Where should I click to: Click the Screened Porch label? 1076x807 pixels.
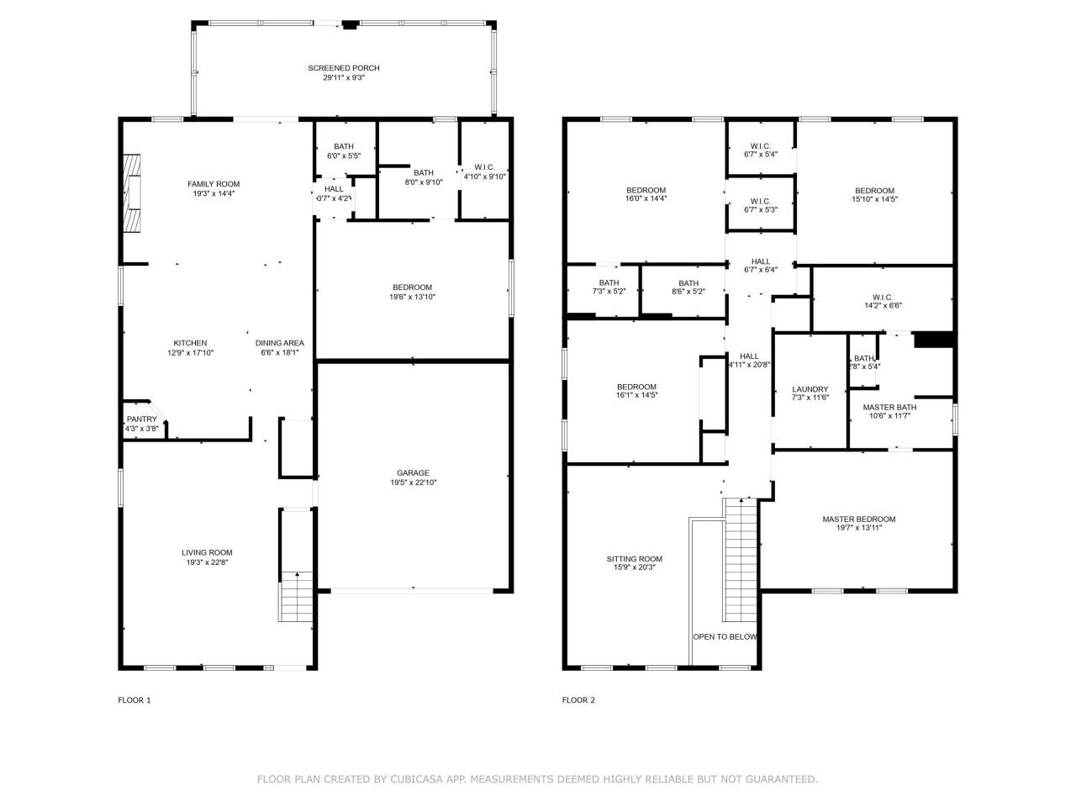337,68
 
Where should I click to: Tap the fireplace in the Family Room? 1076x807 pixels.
132,193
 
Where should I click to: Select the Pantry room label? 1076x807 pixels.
141,419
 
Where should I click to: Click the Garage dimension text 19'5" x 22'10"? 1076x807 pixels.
413,483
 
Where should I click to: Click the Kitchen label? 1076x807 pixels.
190,343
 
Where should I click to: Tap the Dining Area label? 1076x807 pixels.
280,343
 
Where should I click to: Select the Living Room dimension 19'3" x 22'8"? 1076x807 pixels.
207,562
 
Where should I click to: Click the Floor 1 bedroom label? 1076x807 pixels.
412,287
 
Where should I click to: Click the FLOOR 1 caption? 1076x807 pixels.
134,700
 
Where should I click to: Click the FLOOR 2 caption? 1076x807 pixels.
578,700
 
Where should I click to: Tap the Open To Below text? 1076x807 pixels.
725,637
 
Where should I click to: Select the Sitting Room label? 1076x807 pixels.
635,559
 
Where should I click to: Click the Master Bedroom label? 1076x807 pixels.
858,520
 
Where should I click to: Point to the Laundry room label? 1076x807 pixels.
810,389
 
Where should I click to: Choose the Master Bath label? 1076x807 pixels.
889,407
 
